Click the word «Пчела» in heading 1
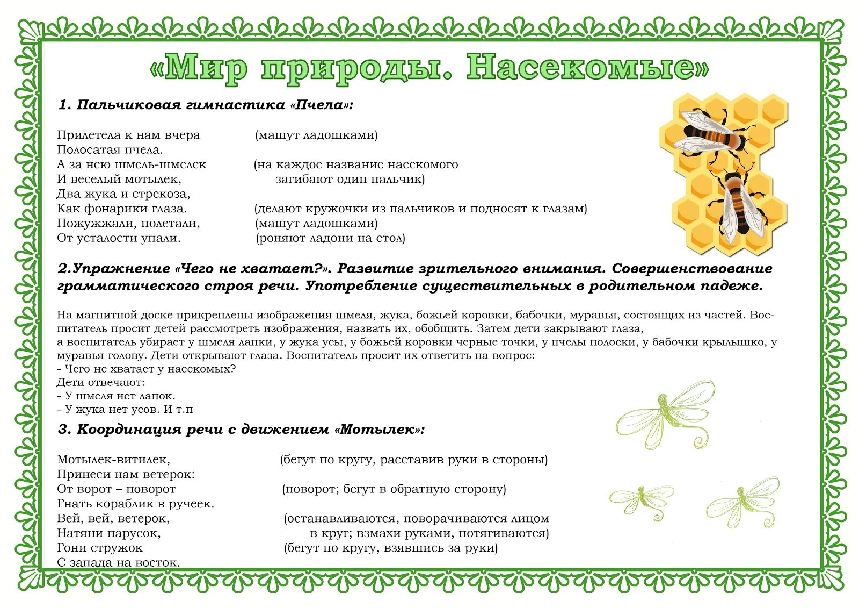[x=319, y=105]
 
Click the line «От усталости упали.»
[x=119, y=238]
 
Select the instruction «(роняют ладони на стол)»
[x=330, y=238]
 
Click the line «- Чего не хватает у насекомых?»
[x=146, y=369]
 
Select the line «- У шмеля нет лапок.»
[x=116, y=396]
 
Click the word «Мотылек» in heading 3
[x=378, y=430]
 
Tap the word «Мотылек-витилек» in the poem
[x=113, y=460]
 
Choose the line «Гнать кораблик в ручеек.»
[x=135, y=504]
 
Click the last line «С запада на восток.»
[x=118, y=562]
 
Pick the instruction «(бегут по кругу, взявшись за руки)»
[x=391, y=548]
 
